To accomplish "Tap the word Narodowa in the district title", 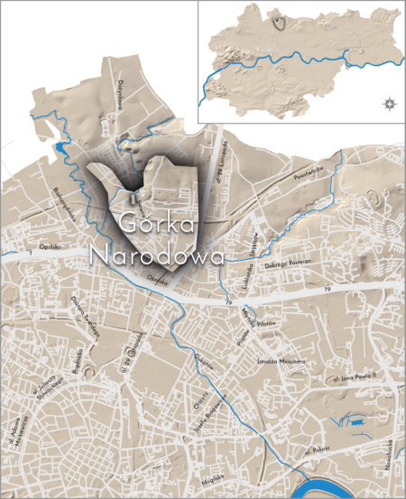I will pyautogui.click(x=157, y=255).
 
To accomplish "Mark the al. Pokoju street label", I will pyautogui.click(x=319, y=448).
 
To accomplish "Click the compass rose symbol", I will pyautogui.click(x=389, y=104).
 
